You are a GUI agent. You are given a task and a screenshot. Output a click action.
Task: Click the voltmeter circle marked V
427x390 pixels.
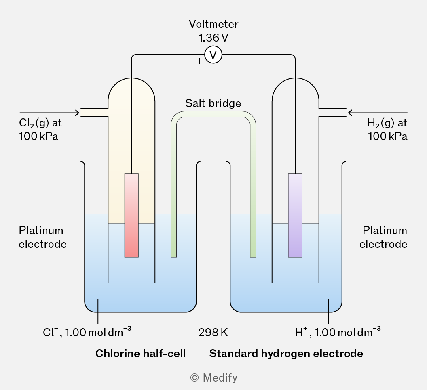[213, 55]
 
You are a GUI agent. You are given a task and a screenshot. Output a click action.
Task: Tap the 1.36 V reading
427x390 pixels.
[213, 38]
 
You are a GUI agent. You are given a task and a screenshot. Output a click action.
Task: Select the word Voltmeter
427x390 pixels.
[213, 24]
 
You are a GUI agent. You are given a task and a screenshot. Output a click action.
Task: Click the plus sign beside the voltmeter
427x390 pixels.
[199, 61]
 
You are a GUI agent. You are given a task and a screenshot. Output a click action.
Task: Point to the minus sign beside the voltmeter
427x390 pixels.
[226, 61]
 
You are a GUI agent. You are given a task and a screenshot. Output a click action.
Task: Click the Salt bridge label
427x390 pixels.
[213, 103]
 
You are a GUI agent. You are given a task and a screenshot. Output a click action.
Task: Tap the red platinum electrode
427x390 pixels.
[131, 215]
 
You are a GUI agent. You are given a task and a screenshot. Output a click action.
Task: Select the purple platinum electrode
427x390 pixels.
[295, 215]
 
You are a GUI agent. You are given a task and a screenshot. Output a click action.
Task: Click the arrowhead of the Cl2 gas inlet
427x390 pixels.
[78, 113]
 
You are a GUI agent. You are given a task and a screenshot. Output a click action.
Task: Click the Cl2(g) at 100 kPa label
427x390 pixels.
[40, 130]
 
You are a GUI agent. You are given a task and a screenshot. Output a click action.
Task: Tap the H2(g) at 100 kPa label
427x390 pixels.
[387, 130]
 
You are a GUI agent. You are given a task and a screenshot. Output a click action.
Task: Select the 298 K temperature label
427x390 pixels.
[213, 332]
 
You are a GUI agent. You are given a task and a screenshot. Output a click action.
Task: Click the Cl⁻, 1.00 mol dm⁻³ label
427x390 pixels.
[87, 331]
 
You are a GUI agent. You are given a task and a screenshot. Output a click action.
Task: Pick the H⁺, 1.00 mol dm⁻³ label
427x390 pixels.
[338, 331]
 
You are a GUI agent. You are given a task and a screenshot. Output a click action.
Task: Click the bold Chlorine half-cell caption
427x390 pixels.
[141, 354]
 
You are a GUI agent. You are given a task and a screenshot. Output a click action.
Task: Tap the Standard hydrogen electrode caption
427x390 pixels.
[286, 354]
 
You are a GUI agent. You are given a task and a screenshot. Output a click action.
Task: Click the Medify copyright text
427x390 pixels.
[214, 378]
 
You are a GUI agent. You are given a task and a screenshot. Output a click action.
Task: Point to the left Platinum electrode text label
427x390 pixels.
[43, 237]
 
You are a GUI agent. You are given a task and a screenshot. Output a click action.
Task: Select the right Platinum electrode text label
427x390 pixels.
[383, 237]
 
